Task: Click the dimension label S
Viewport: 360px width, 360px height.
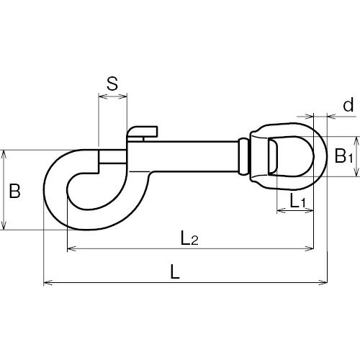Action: [x=112, y=84]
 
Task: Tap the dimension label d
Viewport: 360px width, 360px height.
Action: [x=348, y=105]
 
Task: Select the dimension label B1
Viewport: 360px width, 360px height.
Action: [x=343, y=156]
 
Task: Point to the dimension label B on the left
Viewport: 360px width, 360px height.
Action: [x=14, y=191]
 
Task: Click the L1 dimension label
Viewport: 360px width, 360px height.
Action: [x=297, y=201]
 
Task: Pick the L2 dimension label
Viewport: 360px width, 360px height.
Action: [x=189, y=238]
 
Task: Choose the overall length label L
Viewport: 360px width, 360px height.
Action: [x=175, y=271]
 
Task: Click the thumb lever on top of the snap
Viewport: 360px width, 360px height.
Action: [x=143, y=132]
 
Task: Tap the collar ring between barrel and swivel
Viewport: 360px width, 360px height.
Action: [x=243, y=156]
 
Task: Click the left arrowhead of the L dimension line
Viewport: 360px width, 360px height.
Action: [x=48, y=283]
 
